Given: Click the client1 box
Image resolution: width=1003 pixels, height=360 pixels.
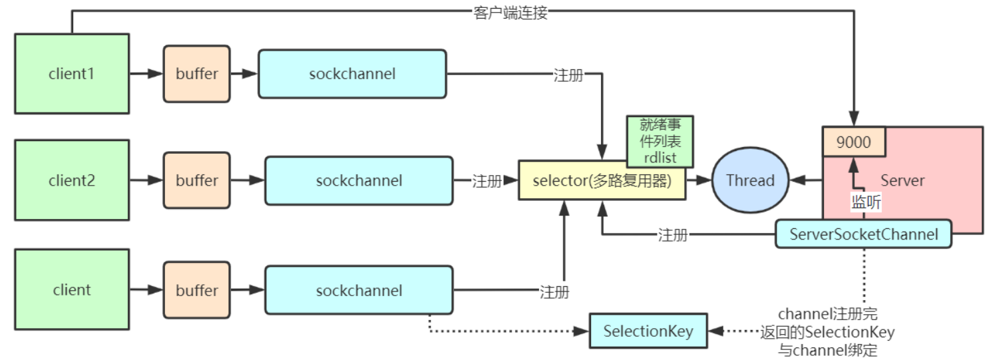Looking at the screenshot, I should [x=72, y=74].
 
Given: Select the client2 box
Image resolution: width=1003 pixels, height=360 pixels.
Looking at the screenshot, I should [x=72, y=180].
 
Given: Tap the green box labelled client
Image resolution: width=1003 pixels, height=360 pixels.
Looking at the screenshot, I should [x=72, y=289].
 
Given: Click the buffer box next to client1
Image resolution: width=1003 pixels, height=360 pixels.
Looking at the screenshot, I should [x=196, y=74].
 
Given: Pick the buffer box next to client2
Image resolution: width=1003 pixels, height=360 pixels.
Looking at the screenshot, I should [x=196, y=180].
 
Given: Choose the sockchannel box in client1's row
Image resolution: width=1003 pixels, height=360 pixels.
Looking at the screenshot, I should [x=352, y=74].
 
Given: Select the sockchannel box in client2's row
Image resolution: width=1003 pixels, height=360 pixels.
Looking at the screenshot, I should [x=359, y=180].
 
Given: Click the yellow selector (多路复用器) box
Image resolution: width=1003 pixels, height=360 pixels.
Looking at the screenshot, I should [x=602, y=180].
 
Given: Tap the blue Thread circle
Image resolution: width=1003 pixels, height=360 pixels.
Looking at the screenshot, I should [x=750, y=180].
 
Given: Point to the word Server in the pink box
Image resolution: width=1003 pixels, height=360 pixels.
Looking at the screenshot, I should [x=903, y=180].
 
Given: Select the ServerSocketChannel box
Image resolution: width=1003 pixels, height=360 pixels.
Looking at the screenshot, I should [x=864, y=234].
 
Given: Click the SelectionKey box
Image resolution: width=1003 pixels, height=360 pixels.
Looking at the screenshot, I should [x=648, y=331].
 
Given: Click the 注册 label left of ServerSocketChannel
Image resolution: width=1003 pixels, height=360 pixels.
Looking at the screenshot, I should [x=672, y=234].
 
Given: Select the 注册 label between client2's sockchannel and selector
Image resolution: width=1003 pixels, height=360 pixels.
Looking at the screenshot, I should [x=487, y=180].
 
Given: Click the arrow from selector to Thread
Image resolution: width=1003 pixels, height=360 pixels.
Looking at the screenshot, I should [x=698, y=180].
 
